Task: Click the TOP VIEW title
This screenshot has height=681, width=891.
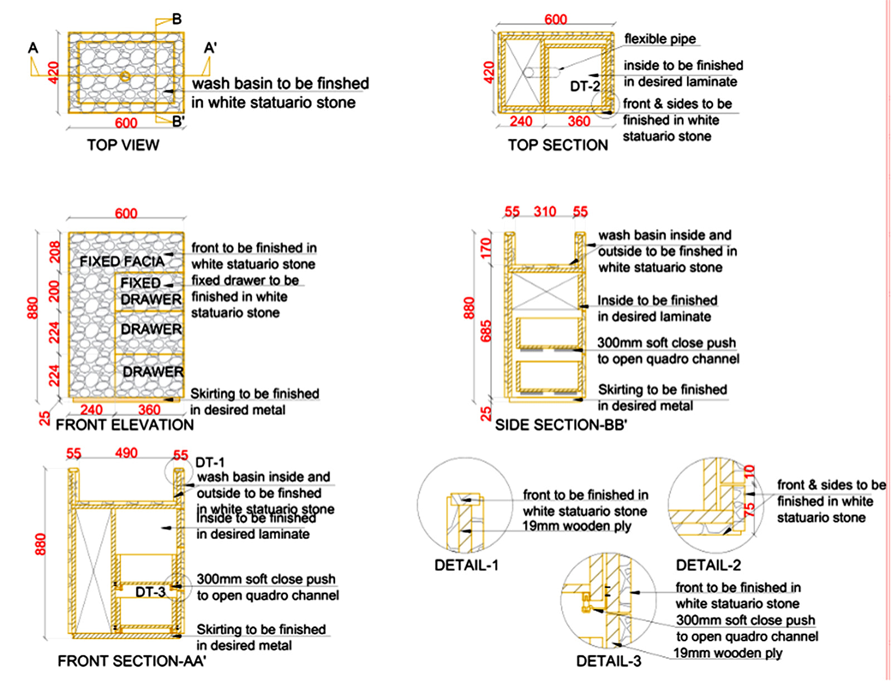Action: [x=123, y=145]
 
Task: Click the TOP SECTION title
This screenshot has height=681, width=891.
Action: [x=557, y=145]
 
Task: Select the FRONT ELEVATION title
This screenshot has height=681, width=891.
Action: [x=125, y=425]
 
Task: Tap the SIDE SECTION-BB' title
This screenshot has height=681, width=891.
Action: [x=561, y=425]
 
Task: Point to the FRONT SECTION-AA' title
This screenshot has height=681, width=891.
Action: [x=131, y=661]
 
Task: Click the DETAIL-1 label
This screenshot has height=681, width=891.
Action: [x=466, y=565]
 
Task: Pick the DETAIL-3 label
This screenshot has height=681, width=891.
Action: [x=609, y=661]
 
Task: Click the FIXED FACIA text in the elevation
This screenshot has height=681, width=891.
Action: [x=122, y=261]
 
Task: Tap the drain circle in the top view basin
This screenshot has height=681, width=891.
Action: [x=126, y=76]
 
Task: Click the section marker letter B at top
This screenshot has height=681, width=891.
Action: [x=177, y=19]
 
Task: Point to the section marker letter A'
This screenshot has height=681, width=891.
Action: [x=210, y=48]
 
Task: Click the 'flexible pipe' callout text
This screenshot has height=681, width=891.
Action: [x=660, y=39]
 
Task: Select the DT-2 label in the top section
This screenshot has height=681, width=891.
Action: [x=585, y=86]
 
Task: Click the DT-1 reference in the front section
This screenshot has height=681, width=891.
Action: [x=210, y=462]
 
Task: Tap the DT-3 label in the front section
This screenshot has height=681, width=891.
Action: [x=150, y=592]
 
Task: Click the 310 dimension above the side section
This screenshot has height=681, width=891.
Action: [x=545, y=212]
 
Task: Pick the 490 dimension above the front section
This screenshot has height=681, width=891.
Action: [x=126, y=453]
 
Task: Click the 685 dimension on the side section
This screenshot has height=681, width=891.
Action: [x=486, y=331]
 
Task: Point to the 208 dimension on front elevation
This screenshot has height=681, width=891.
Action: [x=54, y=252]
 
